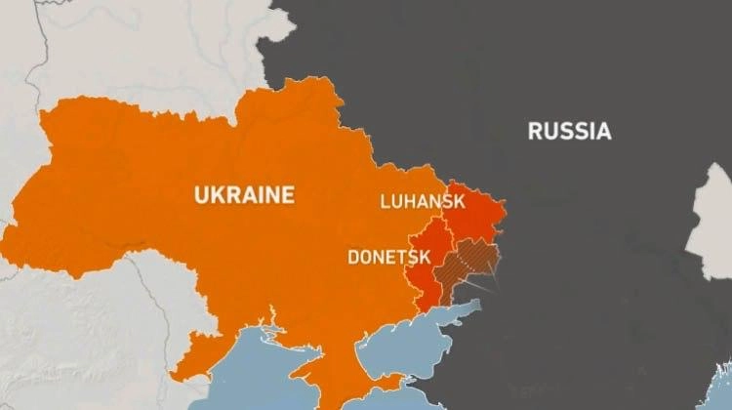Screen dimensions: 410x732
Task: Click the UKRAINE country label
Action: click(244, 194)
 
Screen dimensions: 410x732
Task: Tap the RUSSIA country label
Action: click(570, 131)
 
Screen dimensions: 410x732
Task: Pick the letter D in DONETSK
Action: click(353, 258)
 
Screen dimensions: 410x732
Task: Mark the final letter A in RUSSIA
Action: click(604, 131)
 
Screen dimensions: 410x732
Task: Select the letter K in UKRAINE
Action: click(219, 194)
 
